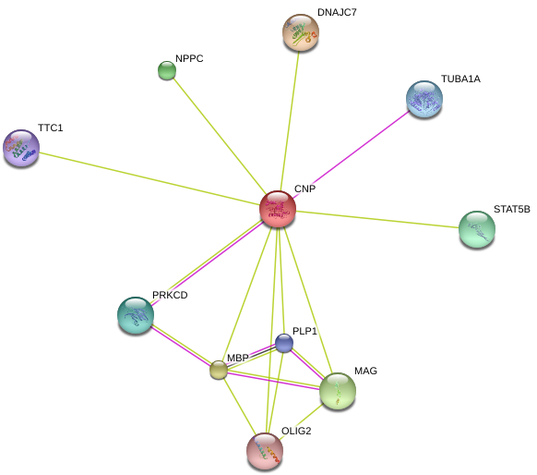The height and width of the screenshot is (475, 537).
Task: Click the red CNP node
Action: (x=278, y=209)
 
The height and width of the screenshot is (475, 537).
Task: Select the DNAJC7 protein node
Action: (x=301, y=32)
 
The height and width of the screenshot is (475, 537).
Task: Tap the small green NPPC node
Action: (x=167, y=70)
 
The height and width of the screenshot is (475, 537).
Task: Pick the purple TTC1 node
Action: (x=21, y=148)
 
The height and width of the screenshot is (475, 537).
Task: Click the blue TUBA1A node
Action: (x=424, y=99)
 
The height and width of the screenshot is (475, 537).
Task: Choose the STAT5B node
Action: (x=477, y=229)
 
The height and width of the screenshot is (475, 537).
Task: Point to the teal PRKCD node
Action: (x=136, y=315)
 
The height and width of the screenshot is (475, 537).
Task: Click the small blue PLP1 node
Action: (x=284, y=343)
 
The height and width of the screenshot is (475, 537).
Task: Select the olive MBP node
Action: (x=219, y=370)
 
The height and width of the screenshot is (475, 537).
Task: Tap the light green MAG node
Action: (x=338, y=391)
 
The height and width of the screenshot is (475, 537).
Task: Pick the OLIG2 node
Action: (x=265, y=451)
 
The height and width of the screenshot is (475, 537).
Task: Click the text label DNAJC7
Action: (x=337, y=12)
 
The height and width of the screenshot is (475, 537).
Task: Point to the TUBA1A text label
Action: (x=460, y=79)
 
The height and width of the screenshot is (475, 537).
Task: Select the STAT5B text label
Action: (x=512, y=209)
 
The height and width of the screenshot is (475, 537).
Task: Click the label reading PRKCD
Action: (x=170, y=295)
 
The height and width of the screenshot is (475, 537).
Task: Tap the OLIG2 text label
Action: (x=296, y=431)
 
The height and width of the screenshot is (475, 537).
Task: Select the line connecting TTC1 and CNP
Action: (x=150, y=179)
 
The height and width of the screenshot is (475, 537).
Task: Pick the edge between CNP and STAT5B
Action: (x=377, y=220)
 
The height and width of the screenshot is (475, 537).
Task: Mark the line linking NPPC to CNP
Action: (x=220, y=136)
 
